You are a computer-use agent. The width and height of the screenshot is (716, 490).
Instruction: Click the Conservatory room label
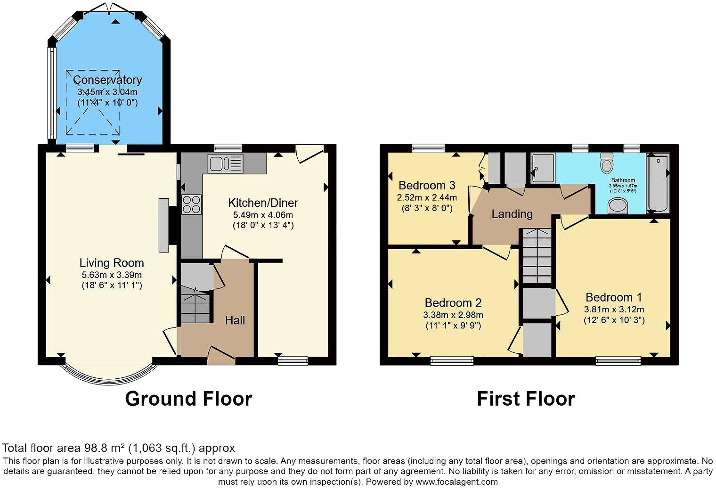(x=107, y=80)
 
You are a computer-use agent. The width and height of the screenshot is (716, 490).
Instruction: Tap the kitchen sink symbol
(x=225, y=163)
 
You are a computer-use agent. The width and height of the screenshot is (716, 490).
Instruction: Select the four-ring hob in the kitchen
(x=191, y=204)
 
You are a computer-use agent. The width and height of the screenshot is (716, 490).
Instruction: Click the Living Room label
(x=112, y=263)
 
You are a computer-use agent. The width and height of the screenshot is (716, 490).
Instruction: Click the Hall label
(x=235, y=320)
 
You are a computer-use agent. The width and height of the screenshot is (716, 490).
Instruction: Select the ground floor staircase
(x=195, y=308)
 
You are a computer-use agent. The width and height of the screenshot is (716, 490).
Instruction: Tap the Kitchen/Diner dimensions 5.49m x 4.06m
(x=263, y=215)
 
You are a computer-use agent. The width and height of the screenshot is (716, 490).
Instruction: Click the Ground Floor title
(x=188, y=399)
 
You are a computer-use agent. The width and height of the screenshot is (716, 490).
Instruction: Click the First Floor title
(x=526, y=399)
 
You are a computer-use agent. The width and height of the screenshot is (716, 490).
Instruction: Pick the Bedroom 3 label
(x=427, y=185)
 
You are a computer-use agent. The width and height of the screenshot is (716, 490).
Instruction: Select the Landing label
(x=512, y=214)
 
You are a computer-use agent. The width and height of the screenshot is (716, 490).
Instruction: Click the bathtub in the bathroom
(x=658, y=182)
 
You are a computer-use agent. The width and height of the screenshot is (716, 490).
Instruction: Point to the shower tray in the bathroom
(x=543, y=168)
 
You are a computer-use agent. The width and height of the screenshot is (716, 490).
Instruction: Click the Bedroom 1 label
(x=613, y=297)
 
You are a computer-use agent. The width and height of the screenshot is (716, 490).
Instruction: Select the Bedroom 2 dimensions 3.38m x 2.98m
(x=453, y=315)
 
